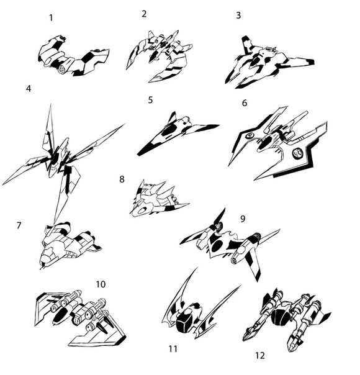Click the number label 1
click(x=51, y=18)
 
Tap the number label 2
click(x=144, y=14)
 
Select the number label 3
click(x=238, y=16)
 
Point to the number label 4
click(x=29, y=89)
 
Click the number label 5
click(x=150, y=100)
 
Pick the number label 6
click(x=245, y=103)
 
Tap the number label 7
click(x=19, y=225)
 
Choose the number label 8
click(x=122, y=179)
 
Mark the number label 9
click(x=243, y=219)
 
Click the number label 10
click(x=101, y=284)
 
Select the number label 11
click(x=173, y=349)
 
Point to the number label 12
click(x=260, y=356)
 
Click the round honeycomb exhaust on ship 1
click(x=63, y=69)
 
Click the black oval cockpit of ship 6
click(x=264, y=143)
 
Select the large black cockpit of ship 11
click(x=186, y=321)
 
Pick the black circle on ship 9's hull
click(x=217, y=246)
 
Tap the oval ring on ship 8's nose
click(x=143, y=210)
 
